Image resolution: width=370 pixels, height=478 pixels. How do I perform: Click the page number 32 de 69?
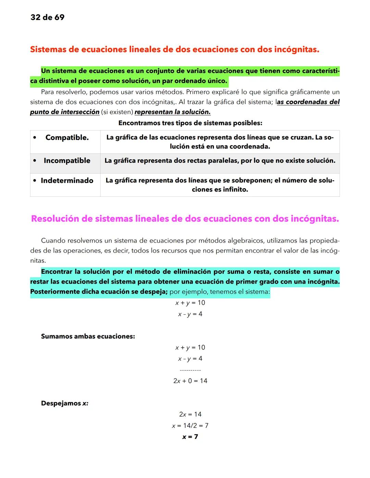(47, 17)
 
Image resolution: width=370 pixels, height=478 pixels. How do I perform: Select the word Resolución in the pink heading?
(55, 219)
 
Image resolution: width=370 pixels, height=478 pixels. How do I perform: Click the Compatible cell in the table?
(67, 138)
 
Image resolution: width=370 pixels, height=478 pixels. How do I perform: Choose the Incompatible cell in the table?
(67, 161)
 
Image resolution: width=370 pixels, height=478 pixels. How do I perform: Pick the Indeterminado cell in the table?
(67, 181)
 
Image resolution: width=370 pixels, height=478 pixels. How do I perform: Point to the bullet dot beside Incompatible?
(35, 161)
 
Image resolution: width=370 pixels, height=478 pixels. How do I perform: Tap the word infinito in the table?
(234, 190)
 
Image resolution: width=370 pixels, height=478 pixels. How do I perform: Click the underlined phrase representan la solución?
(173, 112)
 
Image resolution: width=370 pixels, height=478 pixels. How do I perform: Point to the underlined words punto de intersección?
(65, 112)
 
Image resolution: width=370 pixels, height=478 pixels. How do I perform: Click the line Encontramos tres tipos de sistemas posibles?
(190, 123)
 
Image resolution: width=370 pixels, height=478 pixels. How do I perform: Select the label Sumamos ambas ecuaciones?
(88, 336)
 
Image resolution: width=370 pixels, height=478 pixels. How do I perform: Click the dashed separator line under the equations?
(190, 370)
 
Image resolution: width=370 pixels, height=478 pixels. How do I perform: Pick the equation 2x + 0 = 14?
(190, 381)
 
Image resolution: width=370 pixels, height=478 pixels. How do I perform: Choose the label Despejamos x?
(65, 403)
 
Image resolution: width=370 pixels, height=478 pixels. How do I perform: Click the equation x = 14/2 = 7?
(190, 426)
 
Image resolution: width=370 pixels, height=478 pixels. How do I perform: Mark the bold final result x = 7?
(190, 437)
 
